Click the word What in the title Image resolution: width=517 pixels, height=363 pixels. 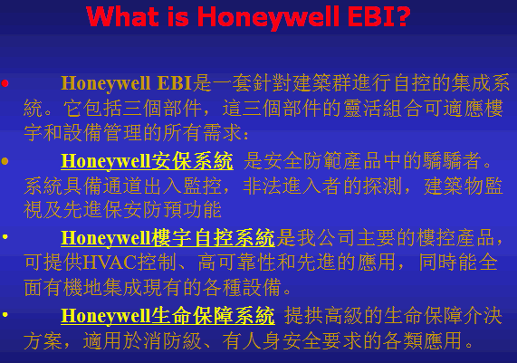[x=121, y=16]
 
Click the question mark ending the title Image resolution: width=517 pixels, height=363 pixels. [x=402, y=16]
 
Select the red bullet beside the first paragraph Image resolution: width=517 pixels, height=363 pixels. [x=5, y=83]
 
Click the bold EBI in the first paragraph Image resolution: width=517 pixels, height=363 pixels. [x=175, y=82]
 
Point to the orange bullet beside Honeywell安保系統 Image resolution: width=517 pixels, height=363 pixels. [x=5, y=161]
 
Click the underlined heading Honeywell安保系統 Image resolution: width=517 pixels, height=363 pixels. [x=147, y=161]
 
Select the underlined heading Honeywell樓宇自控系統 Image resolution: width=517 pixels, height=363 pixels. [x=168, y=238]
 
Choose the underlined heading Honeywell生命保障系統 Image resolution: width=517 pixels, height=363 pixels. [x=168, y=316]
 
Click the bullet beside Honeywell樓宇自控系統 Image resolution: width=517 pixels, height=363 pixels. [x=5, y=237]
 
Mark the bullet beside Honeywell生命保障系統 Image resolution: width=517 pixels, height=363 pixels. [x=5, y=314]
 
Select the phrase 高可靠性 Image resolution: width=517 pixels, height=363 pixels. [x=237, y=263]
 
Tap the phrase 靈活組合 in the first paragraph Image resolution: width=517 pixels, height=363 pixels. [x=384, y=108]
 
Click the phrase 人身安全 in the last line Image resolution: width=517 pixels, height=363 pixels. [x=282, y=340]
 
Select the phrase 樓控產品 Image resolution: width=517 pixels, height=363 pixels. [x=456, y=238]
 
